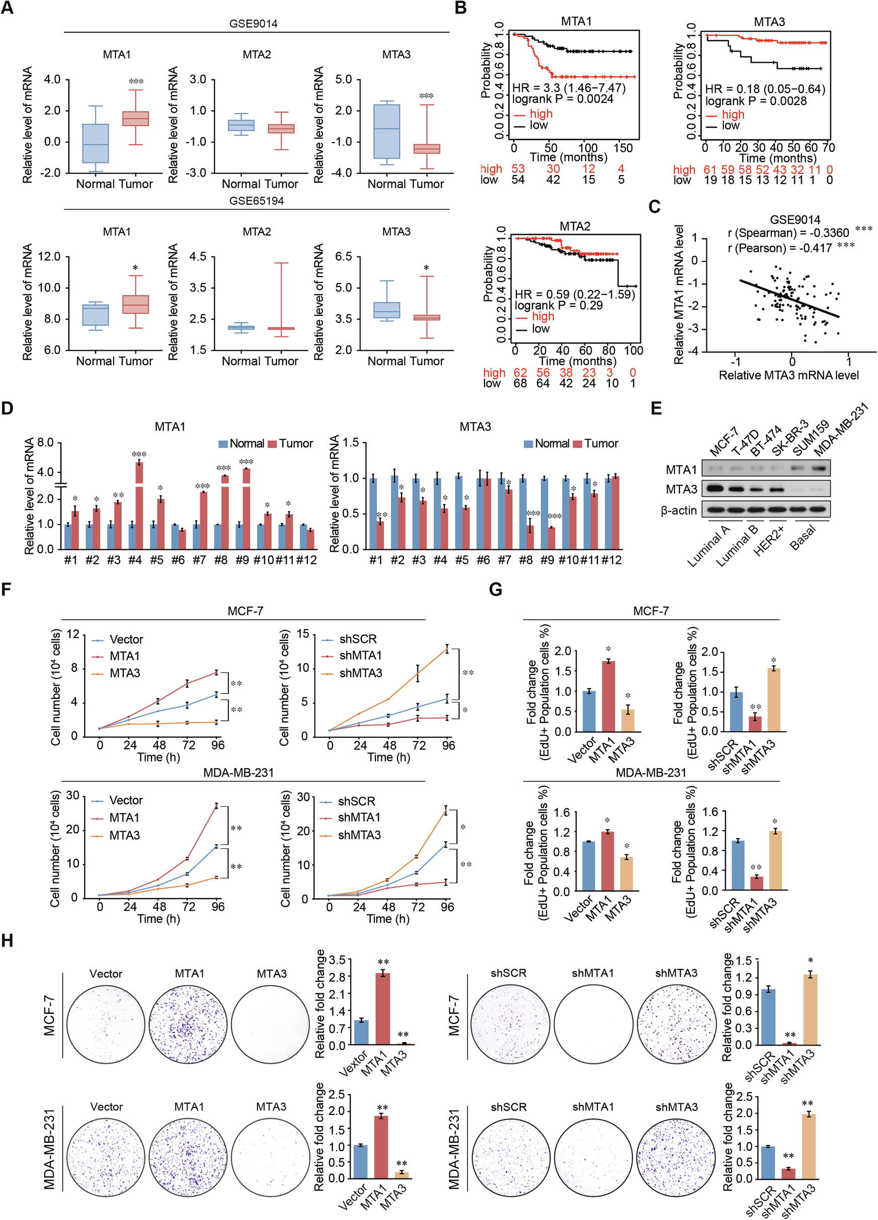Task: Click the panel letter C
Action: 654,207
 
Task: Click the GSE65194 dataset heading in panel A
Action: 256,201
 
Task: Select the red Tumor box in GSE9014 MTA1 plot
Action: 135,118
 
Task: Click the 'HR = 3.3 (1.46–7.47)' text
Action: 569,88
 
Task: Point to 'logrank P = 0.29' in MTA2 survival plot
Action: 558,305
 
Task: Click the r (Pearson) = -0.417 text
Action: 779,248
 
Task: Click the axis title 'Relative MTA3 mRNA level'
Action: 789,375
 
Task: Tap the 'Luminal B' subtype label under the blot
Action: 737,544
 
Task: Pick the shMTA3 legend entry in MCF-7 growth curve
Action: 360,673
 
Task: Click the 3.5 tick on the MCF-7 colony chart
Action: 337,960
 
